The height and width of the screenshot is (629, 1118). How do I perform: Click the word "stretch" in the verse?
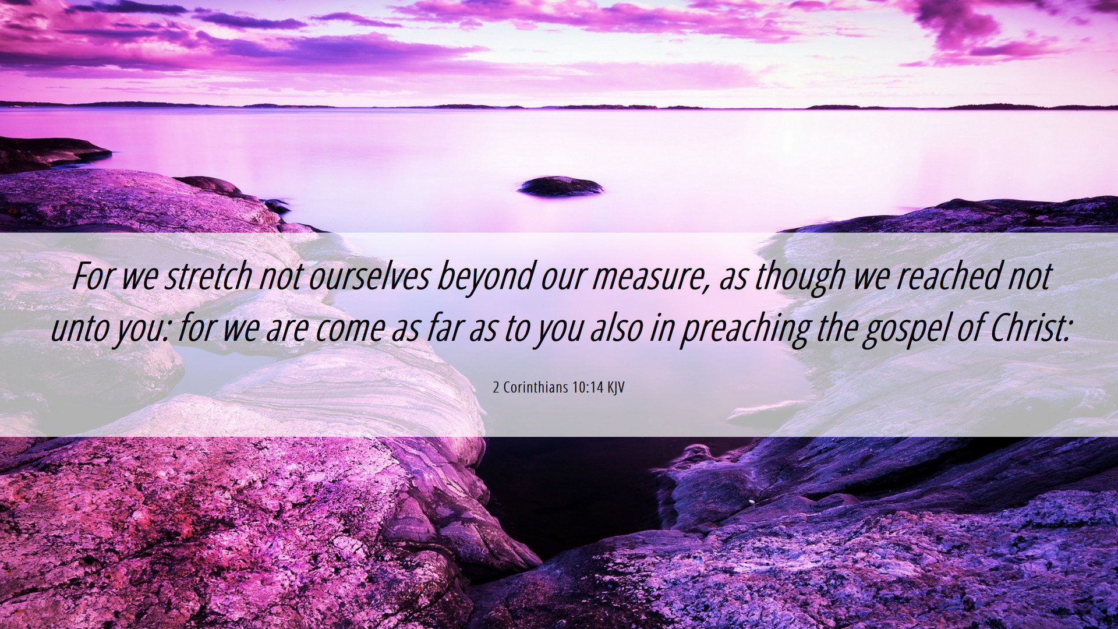(208, 276)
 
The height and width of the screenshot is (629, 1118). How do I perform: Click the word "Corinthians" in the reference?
(536, 387)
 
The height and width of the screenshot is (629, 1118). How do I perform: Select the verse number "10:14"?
(588, 388)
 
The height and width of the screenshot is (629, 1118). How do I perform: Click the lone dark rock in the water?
(560, 186)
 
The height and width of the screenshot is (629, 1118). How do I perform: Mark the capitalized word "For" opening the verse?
(94, 276)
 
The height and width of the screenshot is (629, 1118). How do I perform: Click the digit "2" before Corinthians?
(496, 388)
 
